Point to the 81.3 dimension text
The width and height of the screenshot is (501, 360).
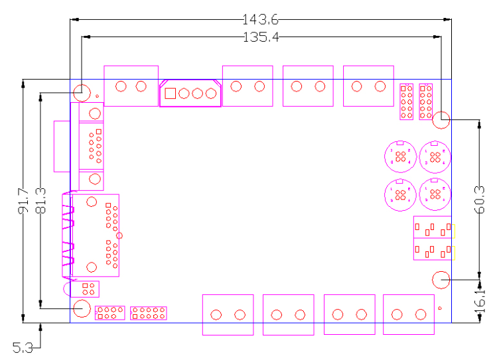coord(41,201)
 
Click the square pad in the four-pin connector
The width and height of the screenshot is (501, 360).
coord(170,93)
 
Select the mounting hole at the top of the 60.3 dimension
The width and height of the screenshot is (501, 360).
coord(441,120)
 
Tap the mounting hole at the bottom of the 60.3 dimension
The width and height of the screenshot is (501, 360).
coord(441,280)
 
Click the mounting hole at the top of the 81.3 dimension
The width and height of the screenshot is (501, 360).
coord(82,92)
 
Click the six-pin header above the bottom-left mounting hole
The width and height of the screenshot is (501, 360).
coord(86,289)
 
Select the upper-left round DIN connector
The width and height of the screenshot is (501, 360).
coord(400,157)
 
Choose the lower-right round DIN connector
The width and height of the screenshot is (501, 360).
coord(435,194)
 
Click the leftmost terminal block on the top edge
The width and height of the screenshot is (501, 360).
coord(131,86)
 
